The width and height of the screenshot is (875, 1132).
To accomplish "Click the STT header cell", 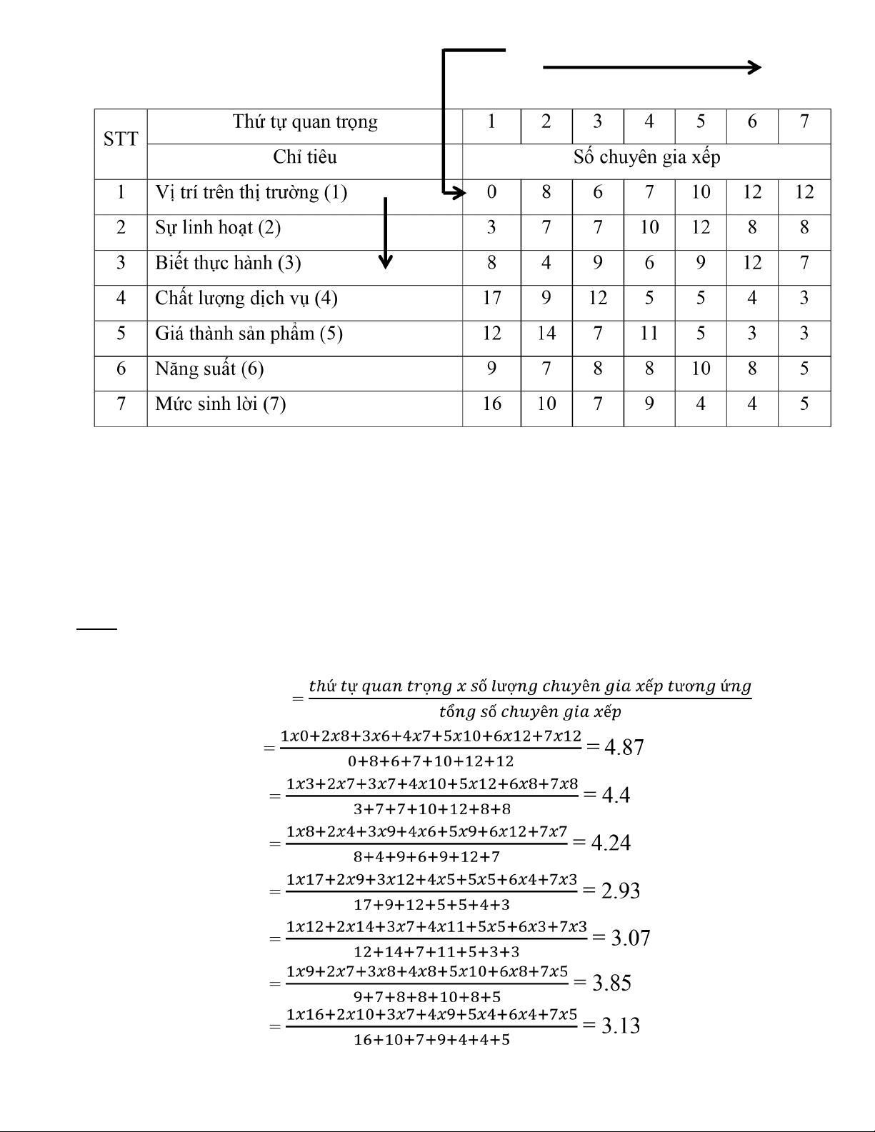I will point(121,139).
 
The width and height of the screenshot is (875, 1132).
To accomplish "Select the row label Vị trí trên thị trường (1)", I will point(251,192).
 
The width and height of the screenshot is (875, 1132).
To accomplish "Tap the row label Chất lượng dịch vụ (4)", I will point(246,298).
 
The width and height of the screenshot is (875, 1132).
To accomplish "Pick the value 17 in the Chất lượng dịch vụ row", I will point(491,298).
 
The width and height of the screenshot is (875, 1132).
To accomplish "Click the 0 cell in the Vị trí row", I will point(491,192).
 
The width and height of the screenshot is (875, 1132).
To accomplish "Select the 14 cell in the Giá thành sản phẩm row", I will point(546,334).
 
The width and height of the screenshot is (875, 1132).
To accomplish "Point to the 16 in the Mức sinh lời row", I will point(491,404).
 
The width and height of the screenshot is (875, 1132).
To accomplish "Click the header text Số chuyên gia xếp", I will point(646,157).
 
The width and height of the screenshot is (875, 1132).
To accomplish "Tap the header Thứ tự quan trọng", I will point(305,122).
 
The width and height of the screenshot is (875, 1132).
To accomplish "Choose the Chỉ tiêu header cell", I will point(305,157).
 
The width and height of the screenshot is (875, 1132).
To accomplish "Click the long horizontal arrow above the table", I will point(651,68).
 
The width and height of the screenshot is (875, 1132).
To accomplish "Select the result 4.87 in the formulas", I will point(624,747).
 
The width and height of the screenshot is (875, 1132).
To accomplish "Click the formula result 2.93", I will point(620,891).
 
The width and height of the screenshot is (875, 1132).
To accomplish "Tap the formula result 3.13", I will point(620,1026).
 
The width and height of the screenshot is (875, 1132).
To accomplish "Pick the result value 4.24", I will point(611,843).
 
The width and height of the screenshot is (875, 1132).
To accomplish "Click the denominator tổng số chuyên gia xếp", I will point(530,712).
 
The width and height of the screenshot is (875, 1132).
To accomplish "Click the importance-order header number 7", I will point(804,122).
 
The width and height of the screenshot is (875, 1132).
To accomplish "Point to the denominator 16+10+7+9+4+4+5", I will point(431,1040).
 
